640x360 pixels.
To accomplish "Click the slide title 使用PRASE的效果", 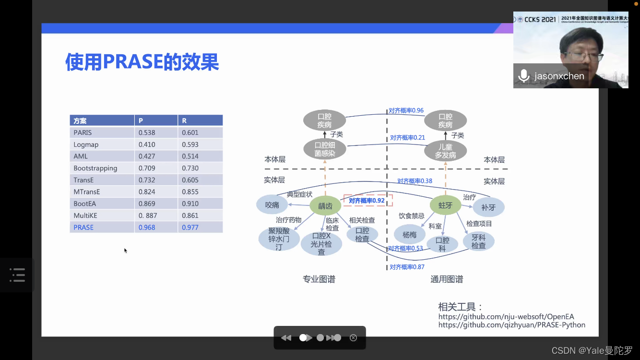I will click(142, 62).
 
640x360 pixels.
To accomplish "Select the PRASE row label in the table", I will click(83, 227).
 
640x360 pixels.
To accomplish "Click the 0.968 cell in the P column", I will click(147, 227).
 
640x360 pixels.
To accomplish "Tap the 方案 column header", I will click(80, 120).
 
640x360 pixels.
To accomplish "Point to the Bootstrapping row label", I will click(95, 168).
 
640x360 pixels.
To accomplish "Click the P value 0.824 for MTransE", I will click(147, 192).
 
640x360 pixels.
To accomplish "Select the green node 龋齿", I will click(325, 206).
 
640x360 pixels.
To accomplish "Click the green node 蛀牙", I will click(445, 205).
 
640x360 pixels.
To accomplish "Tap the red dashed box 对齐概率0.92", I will click(367, 201).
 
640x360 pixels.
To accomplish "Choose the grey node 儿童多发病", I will click(445, 151).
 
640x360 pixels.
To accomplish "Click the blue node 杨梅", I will click(409, 235).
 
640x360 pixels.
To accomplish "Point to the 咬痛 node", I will click(272, 205).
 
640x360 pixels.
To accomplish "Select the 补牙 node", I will click(488, 207).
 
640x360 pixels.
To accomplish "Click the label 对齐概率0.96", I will click(406, 110).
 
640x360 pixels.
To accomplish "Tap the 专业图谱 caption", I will click(319, 279).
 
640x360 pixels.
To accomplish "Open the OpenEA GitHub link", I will click(506, 317).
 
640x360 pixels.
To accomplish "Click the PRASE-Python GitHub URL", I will click(511, 325).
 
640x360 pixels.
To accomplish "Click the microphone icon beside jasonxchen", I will click(524, 76).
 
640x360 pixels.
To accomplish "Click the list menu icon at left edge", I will click(17, 275).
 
